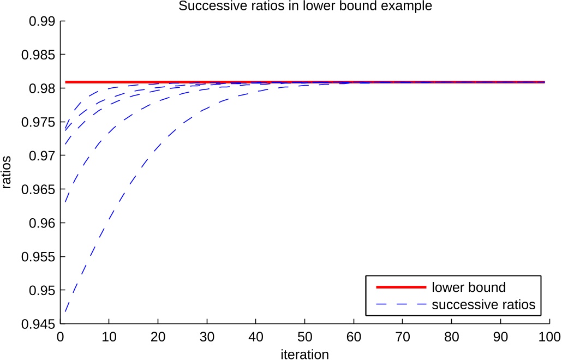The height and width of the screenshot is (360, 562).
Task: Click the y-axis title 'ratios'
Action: point(7,172)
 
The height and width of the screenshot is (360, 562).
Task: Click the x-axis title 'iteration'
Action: point(304,354)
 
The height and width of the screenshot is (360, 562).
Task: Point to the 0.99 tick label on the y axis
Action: point(41,21)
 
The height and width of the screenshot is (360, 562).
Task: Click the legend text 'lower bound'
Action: point(468,287)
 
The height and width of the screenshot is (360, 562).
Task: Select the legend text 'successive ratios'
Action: point(483,304)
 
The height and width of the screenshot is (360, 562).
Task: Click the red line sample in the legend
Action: point(400,287)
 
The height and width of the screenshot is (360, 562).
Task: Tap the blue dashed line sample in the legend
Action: point(400,304)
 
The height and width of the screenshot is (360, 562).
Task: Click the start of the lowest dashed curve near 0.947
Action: point(65,311)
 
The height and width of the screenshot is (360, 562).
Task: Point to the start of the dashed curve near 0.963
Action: point(65,202)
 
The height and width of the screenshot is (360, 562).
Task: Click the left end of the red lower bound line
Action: point(66,82)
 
